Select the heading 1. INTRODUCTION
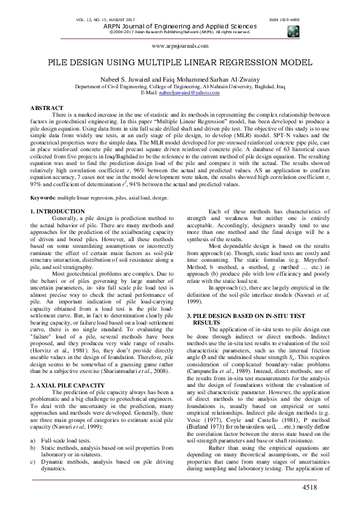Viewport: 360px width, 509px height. pos(57,211)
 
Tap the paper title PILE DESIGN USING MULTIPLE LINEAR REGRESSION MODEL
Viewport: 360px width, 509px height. pos(180,62)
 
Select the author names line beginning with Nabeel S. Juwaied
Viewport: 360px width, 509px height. pos(180,79)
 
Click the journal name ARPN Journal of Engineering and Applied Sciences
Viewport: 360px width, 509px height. pos(179,27)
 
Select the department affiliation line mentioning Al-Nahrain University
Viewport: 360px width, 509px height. pos(180,86)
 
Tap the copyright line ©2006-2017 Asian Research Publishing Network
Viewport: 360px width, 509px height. pos(179,32)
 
